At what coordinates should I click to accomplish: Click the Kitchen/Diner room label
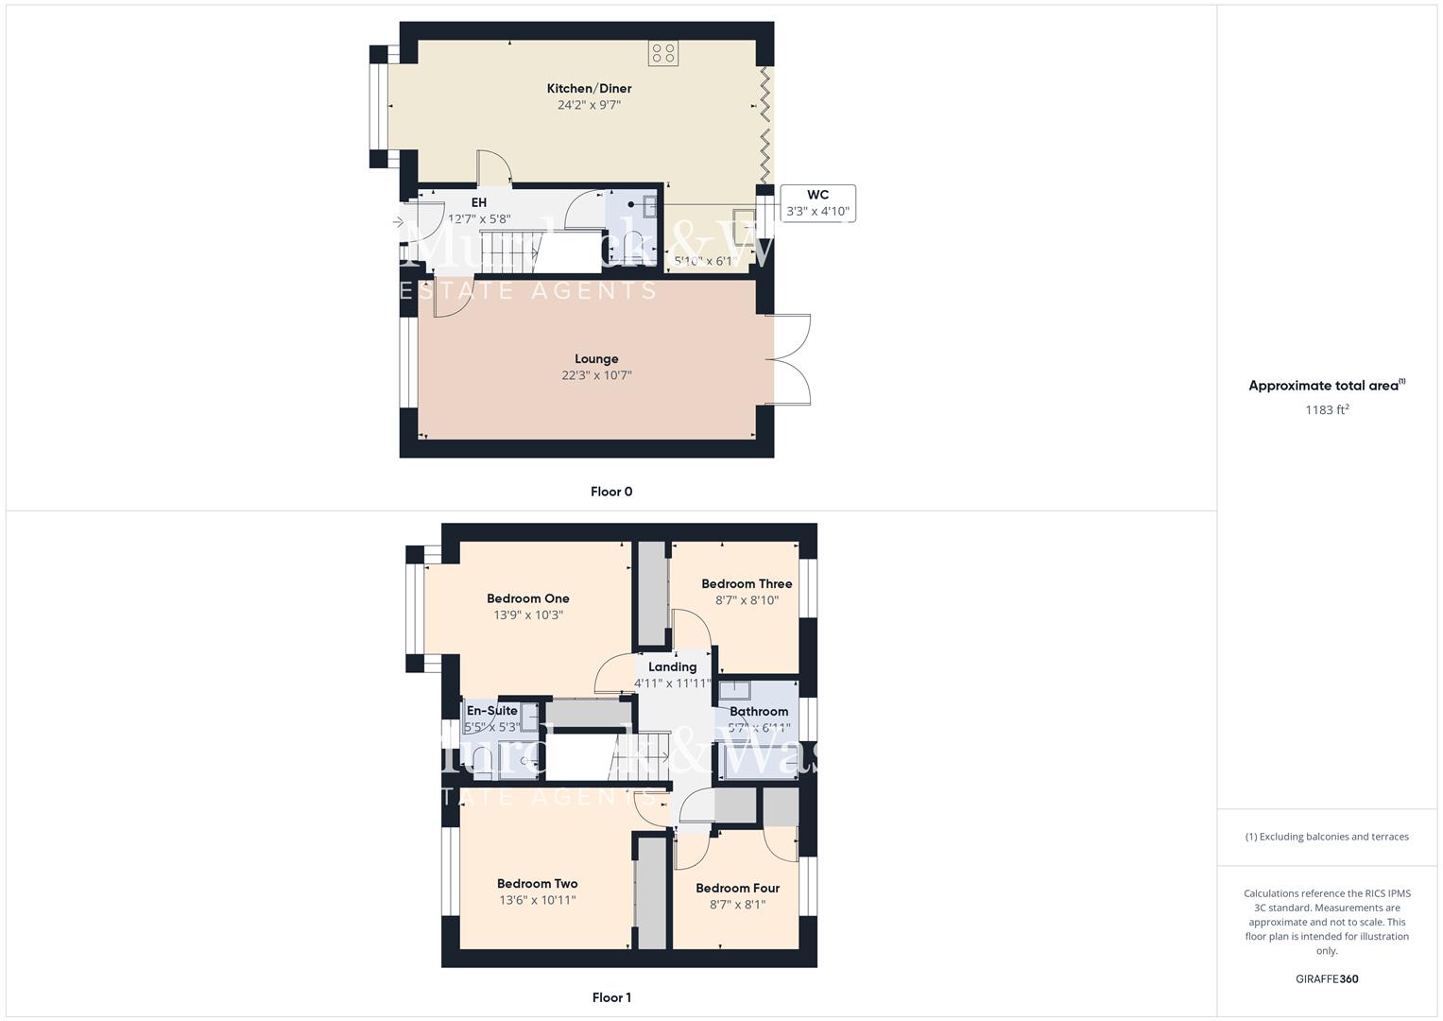point(589,89)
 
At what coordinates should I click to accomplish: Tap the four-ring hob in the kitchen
point(662,53)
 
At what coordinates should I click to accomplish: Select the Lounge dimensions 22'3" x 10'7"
point(596,375)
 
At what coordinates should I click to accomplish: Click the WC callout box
point(817,203)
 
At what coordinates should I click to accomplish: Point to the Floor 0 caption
point(611,492)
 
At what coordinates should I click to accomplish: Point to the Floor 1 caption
point(611,997)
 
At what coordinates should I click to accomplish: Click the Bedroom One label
point(528,598)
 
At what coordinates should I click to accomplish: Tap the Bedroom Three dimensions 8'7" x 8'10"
point(747,600)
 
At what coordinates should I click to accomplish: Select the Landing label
point(672,667)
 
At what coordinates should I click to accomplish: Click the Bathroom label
point(759,712)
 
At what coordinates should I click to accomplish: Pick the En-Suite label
point(492,711)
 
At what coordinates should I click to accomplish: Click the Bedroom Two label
point(537,884)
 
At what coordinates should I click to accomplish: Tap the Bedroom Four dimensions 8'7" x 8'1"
point(737,905)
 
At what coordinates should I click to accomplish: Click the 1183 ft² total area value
point(1327,410)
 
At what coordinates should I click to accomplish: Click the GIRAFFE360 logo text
point(1327,979)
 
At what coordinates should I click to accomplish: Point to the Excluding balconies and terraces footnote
point(1327,837)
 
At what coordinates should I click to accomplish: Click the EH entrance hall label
point(479,203)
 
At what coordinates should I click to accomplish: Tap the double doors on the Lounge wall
point(792,359)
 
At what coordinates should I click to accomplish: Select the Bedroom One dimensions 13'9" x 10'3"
point(528,615)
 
